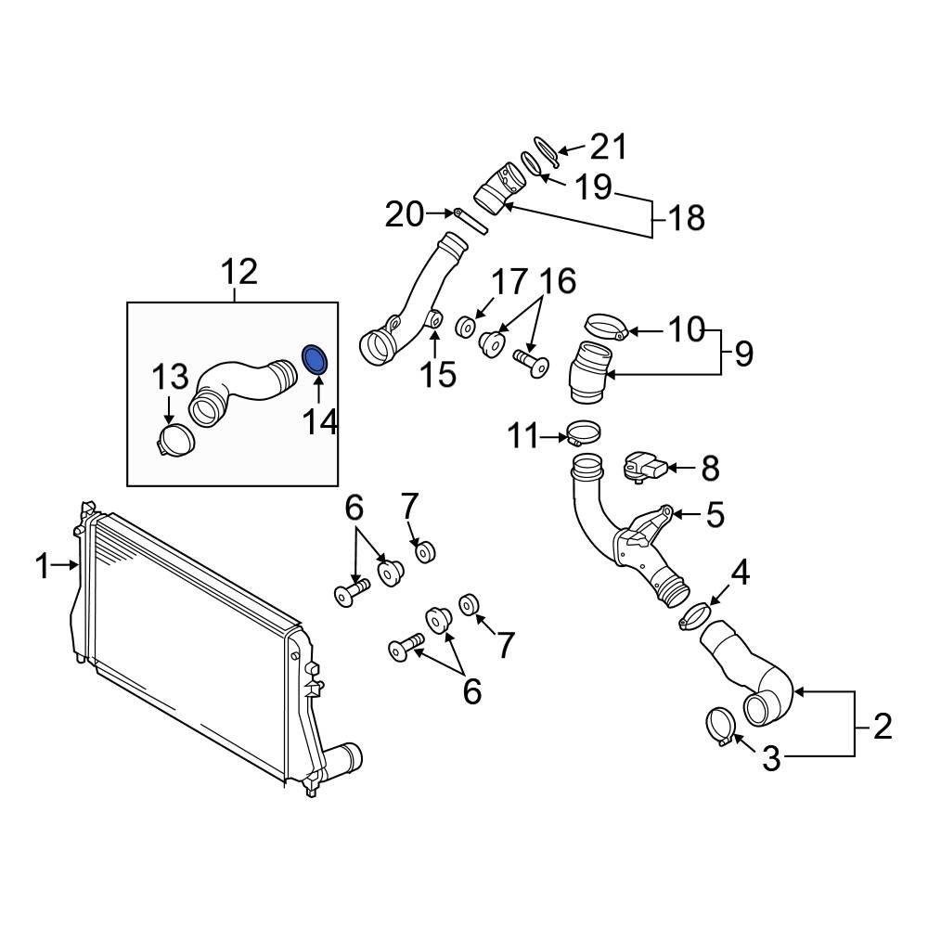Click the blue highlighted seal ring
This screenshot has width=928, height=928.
316,361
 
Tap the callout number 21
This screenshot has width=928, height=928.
609,147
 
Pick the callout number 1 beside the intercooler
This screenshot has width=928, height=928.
43,565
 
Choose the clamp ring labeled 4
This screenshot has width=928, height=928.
695,615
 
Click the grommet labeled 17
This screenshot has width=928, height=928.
466,326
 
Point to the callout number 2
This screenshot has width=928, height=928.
882,727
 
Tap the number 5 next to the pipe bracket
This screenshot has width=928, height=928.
715,515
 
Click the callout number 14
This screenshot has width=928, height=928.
318,422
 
